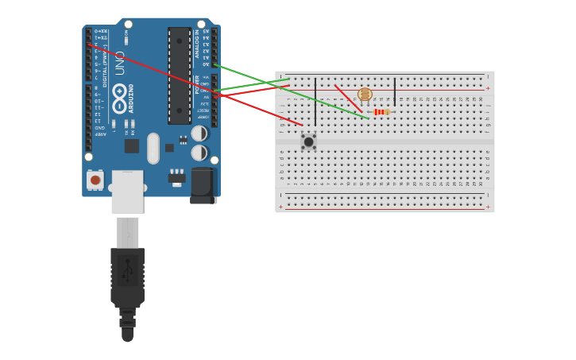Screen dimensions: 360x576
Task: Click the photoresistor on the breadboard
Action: (x=365, y=95)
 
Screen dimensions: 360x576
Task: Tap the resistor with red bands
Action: (x=381, y=112)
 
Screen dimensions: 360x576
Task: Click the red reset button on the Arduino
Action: (x=95, y=180)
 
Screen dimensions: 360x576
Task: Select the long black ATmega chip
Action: (x=179, y=75)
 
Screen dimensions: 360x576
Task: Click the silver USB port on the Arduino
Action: (x=127, y=192)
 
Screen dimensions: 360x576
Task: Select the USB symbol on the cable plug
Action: (x=127, y=270)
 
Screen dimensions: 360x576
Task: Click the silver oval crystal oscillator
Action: (x=153, y=148)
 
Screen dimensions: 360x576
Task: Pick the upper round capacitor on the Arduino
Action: (x=199, y=134)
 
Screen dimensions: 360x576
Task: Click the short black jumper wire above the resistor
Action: (x=395, y=91)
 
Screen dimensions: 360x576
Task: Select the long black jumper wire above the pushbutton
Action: (x=315, y=101)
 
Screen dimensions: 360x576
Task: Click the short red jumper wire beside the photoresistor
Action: (x=347, y=98)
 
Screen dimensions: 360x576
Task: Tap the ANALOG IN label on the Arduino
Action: (x=196, y=45)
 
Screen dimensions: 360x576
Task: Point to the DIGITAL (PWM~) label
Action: (x=105, y=65)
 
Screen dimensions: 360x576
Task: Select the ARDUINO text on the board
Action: (x=132, y=99)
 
